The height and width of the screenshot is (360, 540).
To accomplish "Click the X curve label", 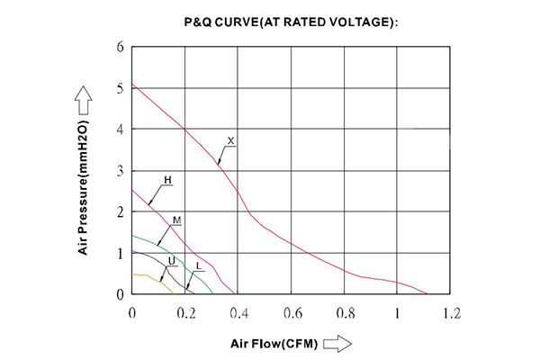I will (x=230, y=141).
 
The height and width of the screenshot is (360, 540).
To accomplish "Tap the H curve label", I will (x=167, y=180).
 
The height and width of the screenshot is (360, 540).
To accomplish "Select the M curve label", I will (x=176, y=220).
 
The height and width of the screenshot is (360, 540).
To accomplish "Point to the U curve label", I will (x=171, y=260).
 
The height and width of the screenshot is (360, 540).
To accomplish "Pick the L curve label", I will (x=197, y=265).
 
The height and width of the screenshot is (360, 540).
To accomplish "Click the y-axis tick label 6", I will (x=120, y=47).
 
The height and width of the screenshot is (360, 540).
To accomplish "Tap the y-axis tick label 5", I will (x=120, y=88).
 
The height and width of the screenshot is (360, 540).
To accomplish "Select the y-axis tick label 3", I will (x=120, y=171).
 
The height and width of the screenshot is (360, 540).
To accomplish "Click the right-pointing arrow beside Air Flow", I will (x=336, y=343).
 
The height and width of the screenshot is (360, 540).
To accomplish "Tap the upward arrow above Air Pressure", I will (x=82, y=96).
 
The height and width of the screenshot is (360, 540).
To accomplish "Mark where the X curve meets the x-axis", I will (x=427, y=293).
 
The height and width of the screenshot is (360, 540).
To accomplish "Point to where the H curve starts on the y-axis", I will (x=132, y=189).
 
